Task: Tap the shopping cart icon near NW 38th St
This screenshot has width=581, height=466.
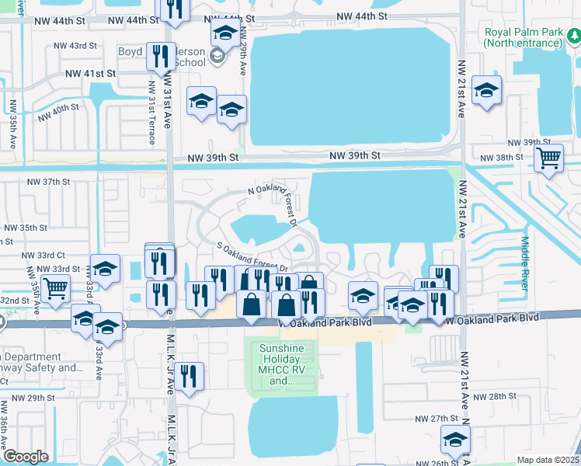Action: coord(549,158)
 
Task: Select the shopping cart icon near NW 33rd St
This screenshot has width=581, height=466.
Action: coord(56,289)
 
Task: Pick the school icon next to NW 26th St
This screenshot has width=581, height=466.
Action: coord(455,440)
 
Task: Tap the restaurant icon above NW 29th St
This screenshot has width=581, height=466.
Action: coord(190,376)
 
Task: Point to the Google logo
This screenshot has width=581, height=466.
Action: coord(26,457)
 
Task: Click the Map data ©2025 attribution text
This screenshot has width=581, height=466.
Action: coord(548,460)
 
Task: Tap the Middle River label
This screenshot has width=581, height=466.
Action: coord(525,264)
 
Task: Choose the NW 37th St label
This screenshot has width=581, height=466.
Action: coord(49,182)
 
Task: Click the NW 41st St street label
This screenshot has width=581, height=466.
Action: coord(90,73)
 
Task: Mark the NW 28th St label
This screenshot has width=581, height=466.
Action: coord(495,396)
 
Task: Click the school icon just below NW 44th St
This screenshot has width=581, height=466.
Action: coord(224,33)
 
